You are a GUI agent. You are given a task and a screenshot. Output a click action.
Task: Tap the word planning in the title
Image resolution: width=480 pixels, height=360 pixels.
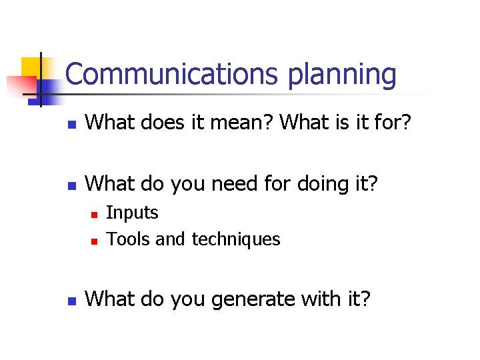point(342,75)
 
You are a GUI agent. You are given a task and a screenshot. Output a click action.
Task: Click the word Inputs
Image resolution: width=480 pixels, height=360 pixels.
point(132,213)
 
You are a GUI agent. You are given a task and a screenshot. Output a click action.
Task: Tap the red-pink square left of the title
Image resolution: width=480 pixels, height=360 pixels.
point(20,85)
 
